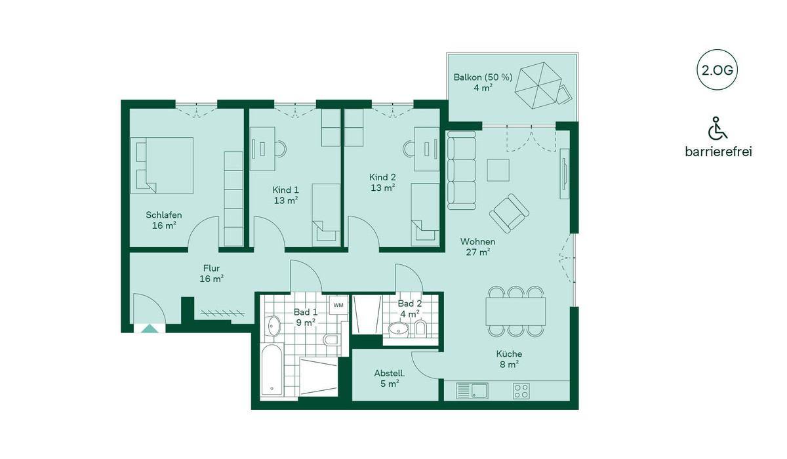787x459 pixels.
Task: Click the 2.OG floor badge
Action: tap(717, 70)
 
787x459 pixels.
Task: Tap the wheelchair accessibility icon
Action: tap(717, 128)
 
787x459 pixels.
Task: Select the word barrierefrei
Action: tap(718, 151)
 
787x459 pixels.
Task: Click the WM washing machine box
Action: tap(338, 305)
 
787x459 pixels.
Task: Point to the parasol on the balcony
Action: tap(538, 85)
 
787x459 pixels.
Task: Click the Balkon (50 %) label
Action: tap(483, 77)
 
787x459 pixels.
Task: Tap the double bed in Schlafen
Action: tap(161, 165)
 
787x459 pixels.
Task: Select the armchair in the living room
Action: tap(509, 213)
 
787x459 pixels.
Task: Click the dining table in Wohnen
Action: tap(515, 311)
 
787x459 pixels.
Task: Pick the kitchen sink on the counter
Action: tap(472, 391)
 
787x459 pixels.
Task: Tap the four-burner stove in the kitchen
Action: tap(521, 391)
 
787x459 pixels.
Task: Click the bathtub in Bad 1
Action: tap(272, 370)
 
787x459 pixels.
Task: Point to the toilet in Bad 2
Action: tap(420, 329)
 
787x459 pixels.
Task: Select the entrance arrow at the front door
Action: tap(150, 329)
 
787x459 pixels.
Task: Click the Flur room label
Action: tap(211, 268)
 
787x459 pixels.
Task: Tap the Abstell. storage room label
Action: tap(390, 373)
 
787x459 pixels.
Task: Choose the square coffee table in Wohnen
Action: tap(498, 170)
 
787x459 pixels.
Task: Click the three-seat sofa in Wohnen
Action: tap(462, 170)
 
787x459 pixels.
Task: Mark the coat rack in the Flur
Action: tap(222, 313)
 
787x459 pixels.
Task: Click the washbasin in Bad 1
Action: tap(273, 326)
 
